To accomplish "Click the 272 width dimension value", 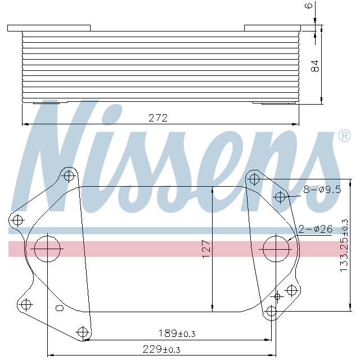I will [158, 118].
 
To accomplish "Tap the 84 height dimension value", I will [316, 65].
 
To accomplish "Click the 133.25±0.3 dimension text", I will [344, 245].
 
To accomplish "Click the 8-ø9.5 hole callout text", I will [322, 190].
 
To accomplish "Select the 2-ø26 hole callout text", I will [316, 229].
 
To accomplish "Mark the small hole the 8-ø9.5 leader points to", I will [281, 196].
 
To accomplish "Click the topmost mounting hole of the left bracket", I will [69, 175].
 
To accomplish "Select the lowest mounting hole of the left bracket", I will [83, 332].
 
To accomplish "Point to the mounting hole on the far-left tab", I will [17, 220].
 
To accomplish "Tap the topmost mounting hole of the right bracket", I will [254, 179].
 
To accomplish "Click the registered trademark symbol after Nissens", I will [343, 136].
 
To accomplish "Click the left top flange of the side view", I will [49, 28].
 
